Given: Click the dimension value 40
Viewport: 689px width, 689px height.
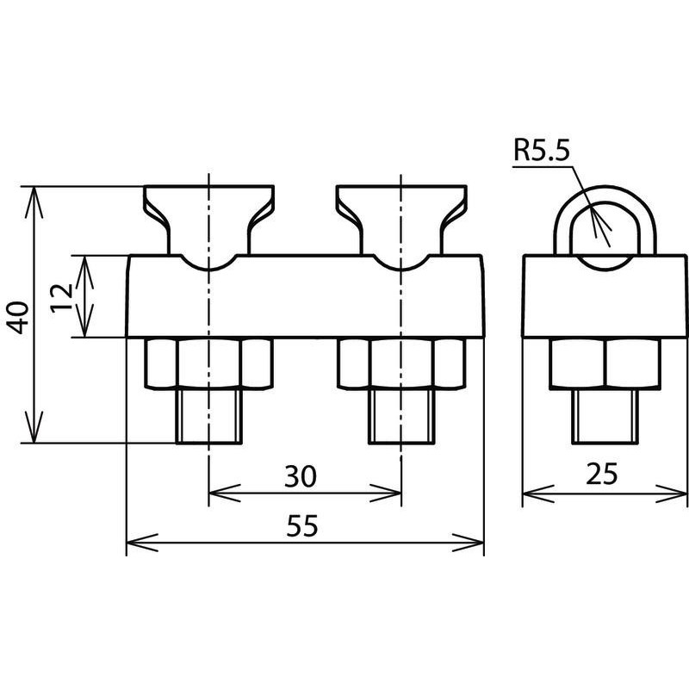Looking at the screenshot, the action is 17,317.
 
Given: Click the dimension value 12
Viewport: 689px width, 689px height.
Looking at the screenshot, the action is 61,297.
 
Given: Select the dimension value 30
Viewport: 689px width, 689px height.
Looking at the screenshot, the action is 300,476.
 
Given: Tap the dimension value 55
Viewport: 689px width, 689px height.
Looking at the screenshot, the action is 302,526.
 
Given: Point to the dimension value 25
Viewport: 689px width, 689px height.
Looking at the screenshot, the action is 601,474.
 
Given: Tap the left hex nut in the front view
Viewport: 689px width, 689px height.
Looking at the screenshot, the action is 209,363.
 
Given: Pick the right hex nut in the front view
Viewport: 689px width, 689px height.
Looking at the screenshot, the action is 401,363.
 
